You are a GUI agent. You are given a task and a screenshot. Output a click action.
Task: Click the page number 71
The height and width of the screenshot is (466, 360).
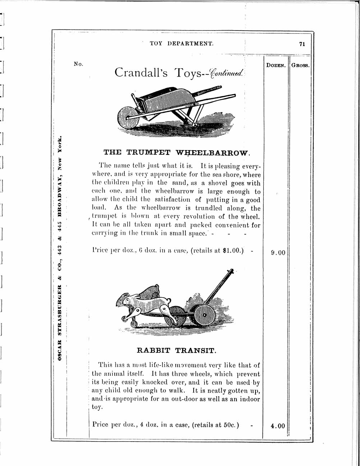point(302,44)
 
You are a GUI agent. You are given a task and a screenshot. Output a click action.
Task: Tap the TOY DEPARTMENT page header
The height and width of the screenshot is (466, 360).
point(181,43)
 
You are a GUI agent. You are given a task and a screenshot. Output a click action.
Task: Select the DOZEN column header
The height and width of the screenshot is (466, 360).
point(276,66)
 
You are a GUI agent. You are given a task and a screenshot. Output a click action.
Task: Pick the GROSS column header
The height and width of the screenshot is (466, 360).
point(300,66)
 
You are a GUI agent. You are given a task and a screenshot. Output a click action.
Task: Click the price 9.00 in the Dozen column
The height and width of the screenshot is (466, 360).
point(278,253)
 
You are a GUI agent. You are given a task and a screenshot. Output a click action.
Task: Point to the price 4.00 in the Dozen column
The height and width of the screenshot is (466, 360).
point(278,426)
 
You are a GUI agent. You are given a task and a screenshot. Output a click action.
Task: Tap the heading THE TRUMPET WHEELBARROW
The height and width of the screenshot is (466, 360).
point(176,152)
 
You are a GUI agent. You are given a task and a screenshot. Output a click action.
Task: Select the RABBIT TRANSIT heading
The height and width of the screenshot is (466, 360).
point(176,350)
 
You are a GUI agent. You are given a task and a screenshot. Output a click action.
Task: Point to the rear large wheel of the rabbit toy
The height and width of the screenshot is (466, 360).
point(203,315)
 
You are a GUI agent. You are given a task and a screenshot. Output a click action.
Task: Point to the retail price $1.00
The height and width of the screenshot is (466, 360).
point(232,252)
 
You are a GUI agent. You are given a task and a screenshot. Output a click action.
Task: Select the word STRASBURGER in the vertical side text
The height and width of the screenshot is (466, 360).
point(61,314)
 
